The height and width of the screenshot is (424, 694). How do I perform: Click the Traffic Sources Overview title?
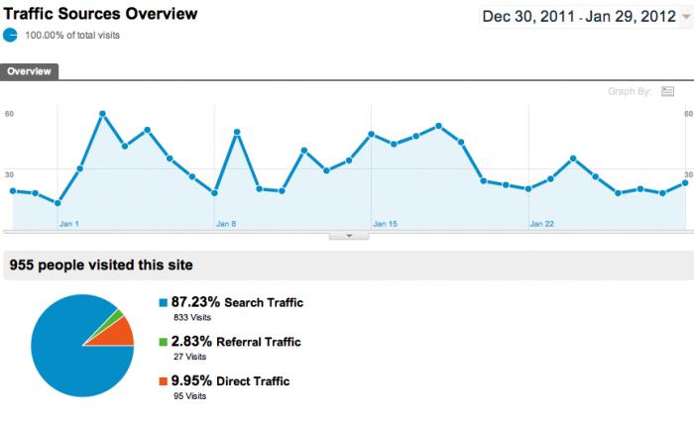point(100,14)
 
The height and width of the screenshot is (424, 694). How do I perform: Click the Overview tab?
point(30,71)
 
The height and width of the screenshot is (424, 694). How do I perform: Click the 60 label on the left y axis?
point(9,114)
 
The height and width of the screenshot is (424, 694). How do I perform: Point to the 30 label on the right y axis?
point(687,172)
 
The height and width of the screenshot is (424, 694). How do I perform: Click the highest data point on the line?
point(102,114)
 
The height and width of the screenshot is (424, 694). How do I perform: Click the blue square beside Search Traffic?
point(164,302)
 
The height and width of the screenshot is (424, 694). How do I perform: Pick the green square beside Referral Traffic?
point(164,342)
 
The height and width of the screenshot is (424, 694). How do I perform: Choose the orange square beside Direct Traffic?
point(164,380)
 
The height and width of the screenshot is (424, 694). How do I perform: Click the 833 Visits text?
point(193,318)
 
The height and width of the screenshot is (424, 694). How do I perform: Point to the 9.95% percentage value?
point(195,380)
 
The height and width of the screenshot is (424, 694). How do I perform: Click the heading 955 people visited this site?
point(100,265)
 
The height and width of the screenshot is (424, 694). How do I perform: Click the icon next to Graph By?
point(667,92)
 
